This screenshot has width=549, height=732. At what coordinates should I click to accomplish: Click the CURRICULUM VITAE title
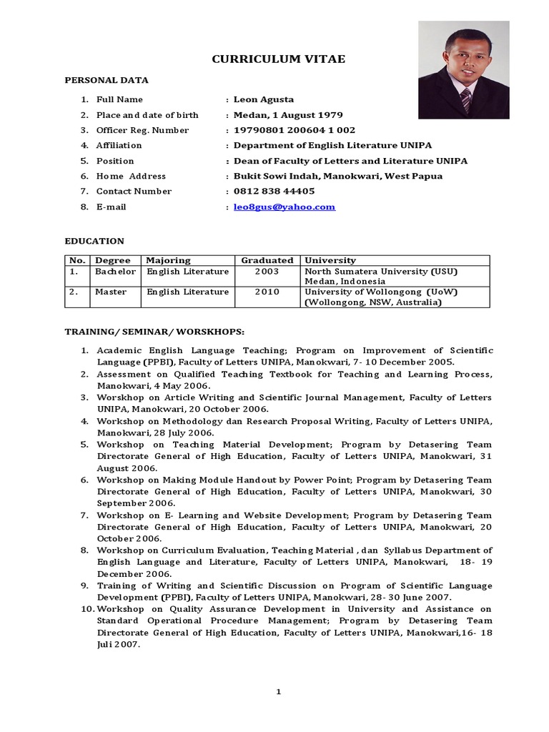[x=278, y=59]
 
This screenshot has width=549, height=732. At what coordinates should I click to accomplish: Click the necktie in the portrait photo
[x=465, y=101]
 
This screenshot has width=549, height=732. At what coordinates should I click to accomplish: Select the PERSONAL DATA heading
[x=107, y=81]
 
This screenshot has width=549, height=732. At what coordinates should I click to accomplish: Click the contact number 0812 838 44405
[x=274, y=191]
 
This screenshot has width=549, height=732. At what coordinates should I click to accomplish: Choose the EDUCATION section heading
[x=94, y=242]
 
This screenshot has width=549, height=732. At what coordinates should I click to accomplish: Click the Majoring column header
[x=169, y=260]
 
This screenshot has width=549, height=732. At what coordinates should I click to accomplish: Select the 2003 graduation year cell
[x=267, y=272]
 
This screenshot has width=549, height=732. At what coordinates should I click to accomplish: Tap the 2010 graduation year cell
[x=267, y=292]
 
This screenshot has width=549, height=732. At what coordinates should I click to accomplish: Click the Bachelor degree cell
[x=115, y=272]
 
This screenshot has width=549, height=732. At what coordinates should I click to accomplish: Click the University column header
[x=330, y=260]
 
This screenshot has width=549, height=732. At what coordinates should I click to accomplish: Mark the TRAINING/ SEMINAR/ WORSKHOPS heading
[x=154, y=332]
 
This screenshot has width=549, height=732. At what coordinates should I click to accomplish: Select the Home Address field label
[x=131, y=176]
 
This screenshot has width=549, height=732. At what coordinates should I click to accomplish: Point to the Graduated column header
[x=267, y=260]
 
